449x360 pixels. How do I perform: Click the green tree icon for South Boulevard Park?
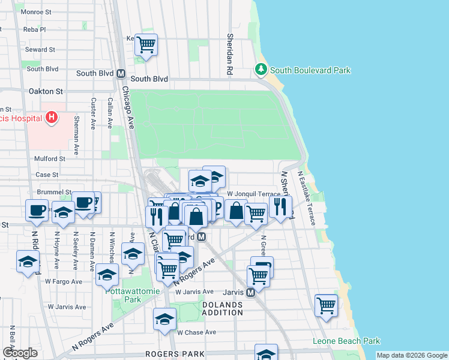coord(261,70)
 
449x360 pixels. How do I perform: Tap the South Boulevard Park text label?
coord(310,70)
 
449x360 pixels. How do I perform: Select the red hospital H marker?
coord(52,118)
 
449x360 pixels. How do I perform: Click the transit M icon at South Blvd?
coord(121,74)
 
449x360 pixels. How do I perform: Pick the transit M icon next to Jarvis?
coord(252,292)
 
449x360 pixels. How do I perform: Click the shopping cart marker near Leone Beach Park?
coord(326,305)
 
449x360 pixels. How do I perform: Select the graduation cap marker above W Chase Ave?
coord(164,320)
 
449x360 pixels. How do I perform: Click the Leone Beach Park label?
coord(346,341)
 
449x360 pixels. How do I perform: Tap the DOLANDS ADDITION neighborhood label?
coord(222,308)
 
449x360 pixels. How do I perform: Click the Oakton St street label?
coord(46,91)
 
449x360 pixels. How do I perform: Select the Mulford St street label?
coord(49,159)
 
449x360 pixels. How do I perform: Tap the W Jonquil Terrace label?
coord(253,194)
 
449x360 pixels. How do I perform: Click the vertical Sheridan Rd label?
coord(229,54)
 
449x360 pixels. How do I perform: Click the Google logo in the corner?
coord(20,353)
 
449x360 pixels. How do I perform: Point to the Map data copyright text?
coord(412,355)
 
